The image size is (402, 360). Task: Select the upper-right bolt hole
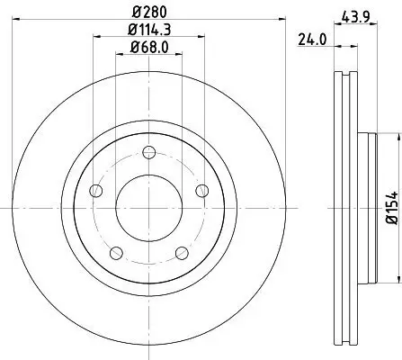(x=201, y=190)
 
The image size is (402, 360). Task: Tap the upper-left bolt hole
(x=94, y=190)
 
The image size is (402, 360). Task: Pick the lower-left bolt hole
(x=115, y=252)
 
